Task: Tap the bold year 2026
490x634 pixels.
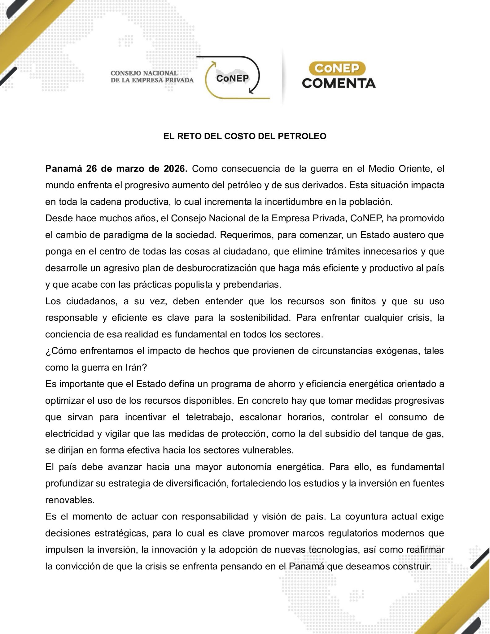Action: pyautogui.click(x=176, y=169)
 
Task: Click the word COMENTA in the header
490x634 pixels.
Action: pyautogui.click(x=339, y=83)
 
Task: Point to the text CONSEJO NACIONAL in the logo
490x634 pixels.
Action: pyautogui.click(x=144, y=73)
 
